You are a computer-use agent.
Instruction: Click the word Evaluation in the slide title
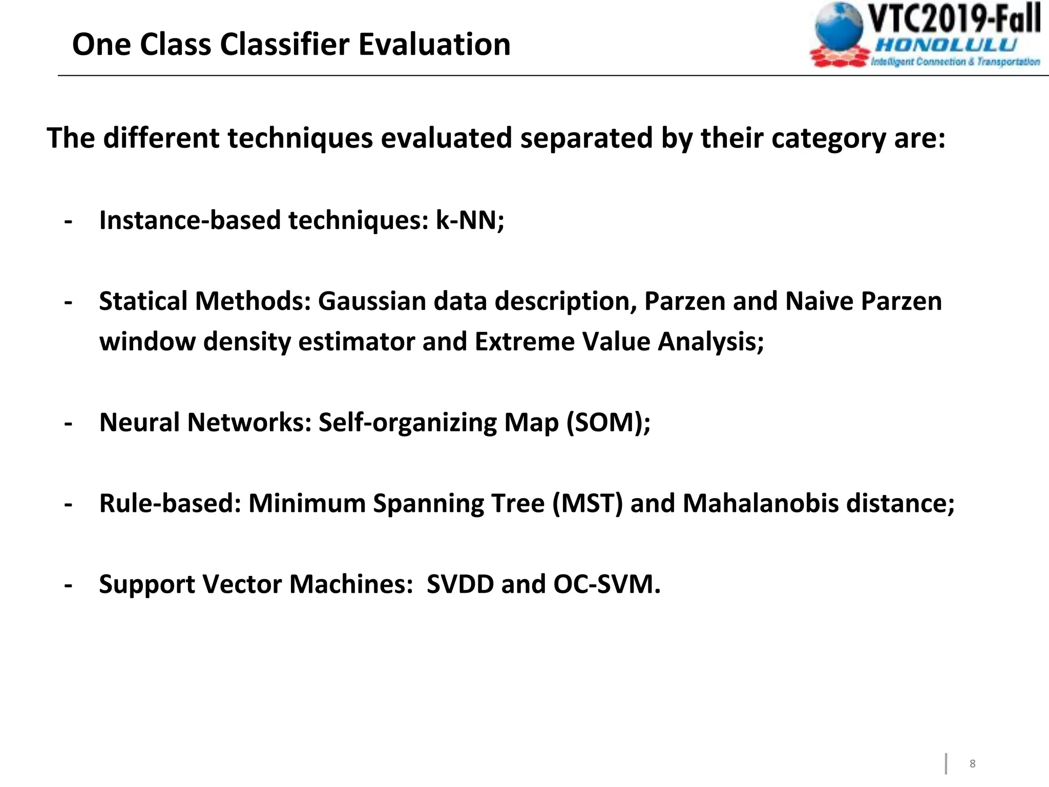tap(434, 44)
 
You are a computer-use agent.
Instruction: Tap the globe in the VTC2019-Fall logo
tap(840, 28)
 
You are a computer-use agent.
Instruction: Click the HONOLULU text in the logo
tap(946, 45)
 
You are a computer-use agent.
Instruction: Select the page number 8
tap(972, 764)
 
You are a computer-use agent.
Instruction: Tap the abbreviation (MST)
tap(587, 503)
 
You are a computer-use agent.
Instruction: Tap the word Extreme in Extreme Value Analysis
tap(524, 342)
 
